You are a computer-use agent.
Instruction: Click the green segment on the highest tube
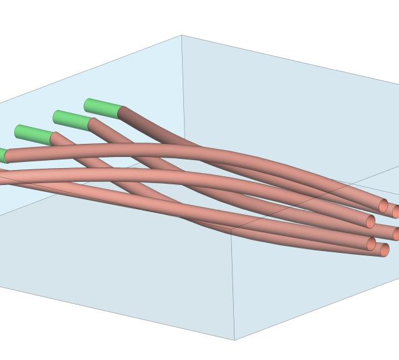point(102,108)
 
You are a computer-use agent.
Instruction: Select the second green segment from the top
point(72,118)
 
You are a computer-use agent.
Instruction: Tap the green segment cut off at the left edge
point(2,155)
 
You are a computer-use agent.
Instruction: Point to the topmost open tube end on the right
point(383,206)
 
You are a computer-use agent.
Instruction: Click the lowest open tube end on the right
point(385,250)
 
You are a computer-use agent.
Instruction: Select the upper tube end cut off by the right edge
point(396,212)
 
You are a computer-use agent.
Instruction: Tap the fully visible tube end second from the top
point(371,222)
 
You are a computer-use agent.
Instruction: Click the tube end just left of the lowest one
point(372,244)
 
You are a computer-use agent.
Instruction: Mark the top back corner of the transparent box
point(182,36)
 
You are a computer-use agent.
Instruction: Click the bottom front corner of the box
point(234,339)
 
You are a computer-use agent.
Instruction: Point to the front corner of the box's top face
point(231,229)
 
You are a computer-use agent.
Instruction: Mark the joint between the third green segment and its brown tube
point(51,138)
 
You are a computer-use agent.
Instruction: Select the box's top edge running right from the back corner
point(287,58)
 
